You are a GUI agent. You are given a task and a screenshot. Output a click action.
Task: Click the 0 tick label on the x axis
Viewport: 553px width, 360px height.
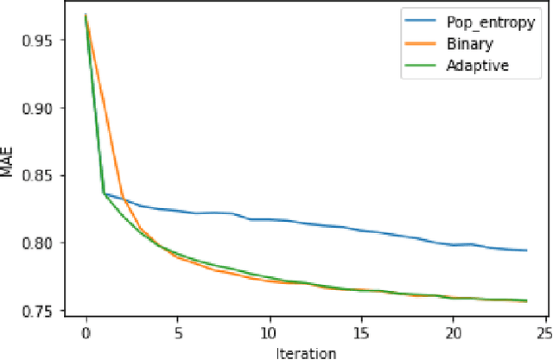click(x=86, y=332)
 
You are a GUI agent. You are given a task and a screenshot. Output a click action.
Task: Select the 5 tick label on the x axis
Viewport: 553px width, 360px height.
click(x=177, y=332)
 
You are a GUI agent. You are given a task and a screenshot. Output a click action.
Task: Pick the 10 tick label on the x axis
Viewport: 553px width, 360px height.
click(x=269, y=332)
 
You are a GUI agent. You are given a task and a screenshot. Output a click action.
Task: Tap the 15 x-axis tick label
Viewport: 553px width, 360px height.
click(x=361, y=332)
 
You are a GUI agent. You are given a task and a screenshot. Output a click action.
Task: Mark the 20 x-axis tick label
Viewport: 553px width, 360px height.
click(x=453, y=332)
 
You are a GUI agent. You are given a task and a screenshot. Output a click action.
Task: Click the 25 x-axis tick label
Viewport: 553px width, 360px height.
click(x=544, y=332)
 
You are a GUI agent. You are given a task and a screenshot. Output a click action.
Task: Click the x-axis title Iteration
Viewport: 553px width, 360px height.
click(x=306, y=352)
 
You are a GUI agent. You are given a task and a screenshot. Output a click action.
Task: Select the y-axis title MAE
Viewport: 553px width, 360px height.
click(x=8, y=164)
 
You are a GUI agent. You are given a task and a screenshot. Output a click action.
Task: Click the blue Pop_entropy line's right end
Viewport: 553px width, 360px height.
click(x=526, y=250)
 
